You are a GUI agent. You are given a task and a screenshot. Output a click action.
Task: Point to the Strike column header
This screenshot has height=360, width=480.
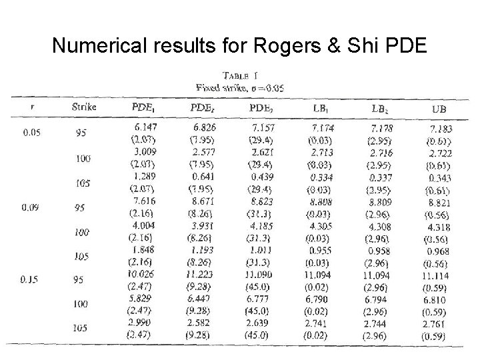click(x=83, y=107)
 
